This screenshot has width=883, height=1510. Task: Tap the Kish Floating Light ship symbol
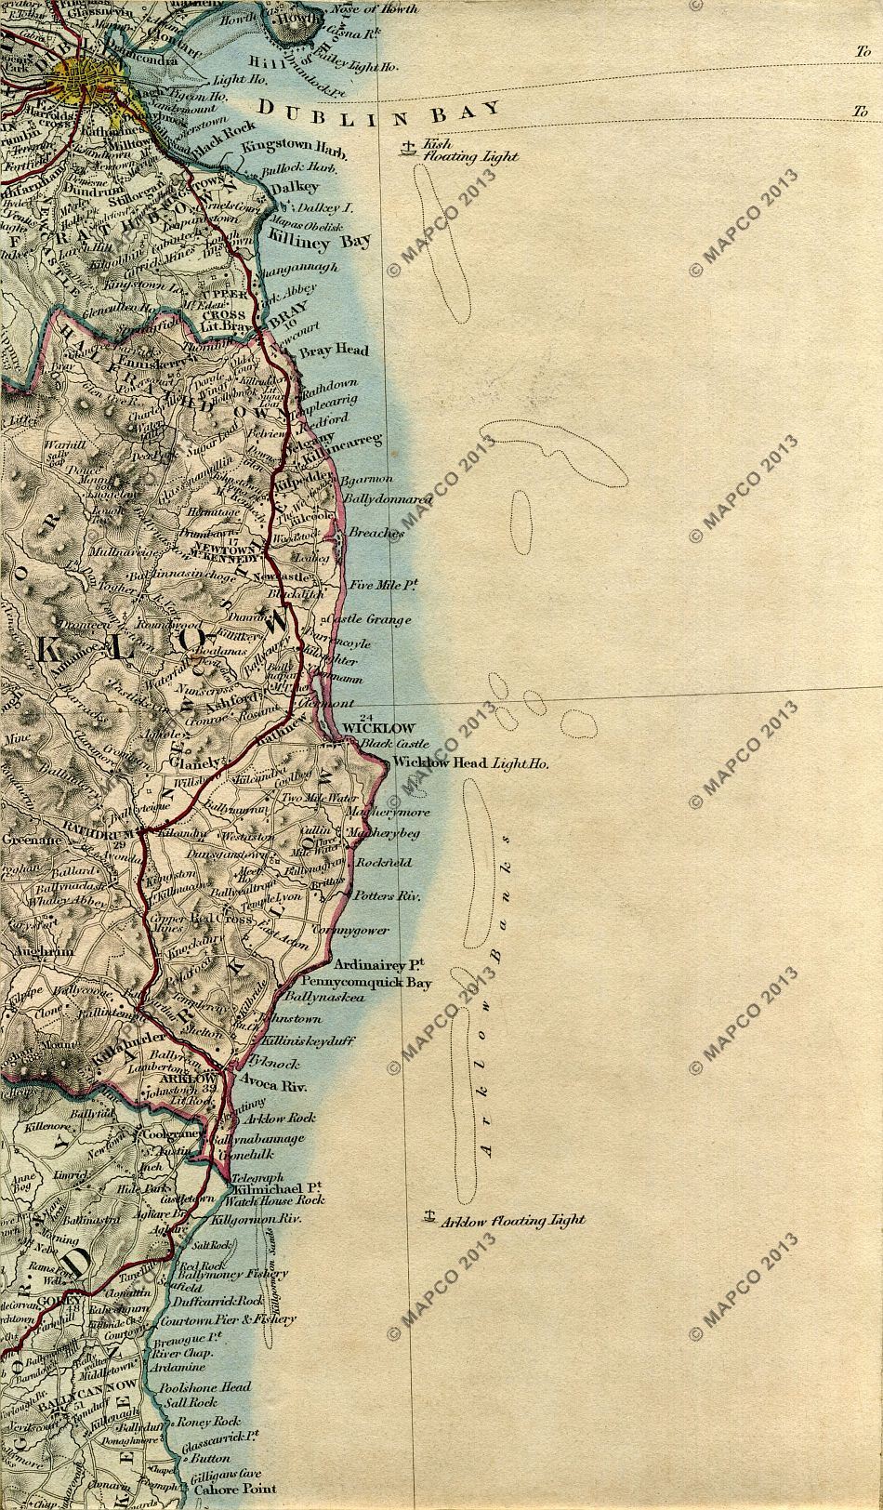(x=406, y=147)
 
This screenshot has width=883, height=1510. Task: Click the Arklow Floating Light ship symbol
(x=430, y=1213)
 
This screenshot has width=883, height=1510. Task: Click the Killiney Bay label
(x=318, y=241)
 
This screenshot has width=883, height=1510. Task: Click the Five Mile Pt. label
(x=381, y=585)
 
